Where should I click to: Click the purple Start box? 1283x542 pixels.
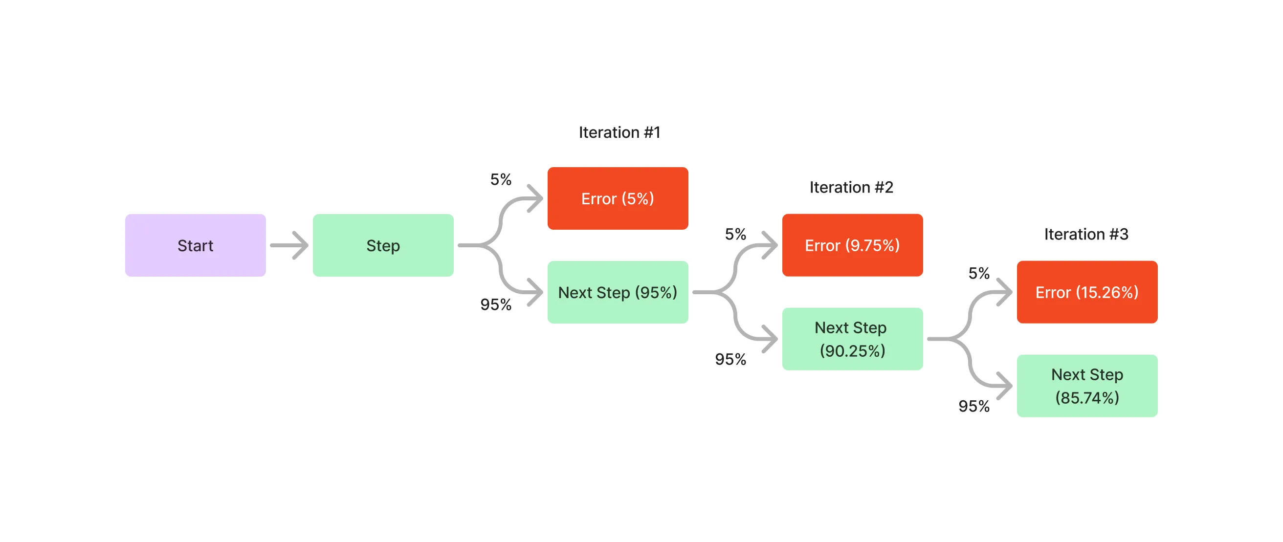(195, 245)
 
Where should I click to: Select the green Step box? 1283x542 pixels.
(383, 245)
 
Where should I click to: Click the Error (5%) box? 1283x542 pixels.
(618, 198)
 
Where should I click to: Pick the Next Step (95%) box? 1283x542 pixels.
(618, 292)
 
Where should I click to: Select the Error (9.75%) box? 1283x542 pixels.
(852, 245)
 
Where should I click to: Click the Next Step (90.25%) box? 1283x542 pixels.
(852, 339)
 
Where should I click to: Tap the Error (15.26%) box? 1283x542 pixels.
(1087, 292)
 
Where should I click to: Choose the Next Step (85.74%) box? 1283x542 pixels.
(1087, 386)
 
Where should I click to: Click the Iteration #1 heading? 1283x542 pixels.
(619, 132)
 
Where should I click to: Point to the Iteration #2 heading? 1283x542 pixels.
(851, 187)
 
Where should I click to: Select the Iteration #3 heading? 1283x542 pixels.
(1086, 234)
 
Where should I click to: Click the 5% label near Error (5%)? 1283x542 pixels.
(501, 179)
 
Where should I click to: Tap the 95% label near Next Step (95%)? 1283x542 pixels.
(496, 304)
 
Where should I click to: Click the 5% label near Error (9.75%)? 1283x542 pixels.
(735, 234)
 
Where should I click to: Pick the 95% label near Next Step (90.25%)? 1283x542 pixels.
(730, 359)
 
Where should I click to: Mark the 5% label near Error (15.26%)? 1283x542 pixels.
(979, 273)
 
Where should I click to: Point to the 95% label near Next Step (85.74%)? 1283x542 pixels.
(973, 406)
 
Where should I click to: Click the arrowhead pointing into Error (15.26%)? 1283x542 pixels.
(1006, 292)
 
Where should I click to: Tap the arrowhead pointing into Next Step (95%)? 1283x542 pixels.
(537, 292)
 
